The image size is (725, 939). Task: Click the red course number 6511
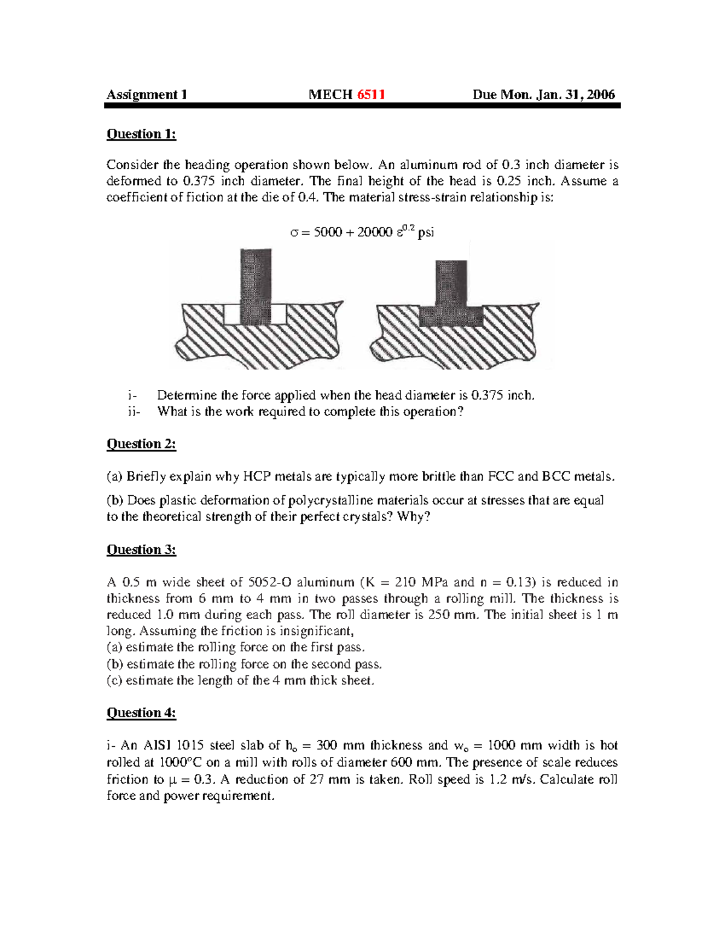point(371,94)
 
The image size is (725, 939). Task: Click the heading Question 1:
point(141,134)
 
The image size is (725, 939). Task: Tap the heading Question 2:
point(141,444)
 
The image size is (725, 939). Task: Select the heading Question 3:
point(141,550)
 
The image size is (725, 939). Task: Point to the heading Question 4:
point(141,713)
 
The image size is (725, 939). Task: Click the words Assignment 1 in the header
point(147,94)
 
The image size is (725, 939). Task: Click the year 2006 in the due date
point(601,94)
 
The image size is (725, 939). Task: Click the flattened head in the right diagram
point(451,316)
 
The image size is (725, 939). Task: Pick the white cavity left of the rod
point(232,314)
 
